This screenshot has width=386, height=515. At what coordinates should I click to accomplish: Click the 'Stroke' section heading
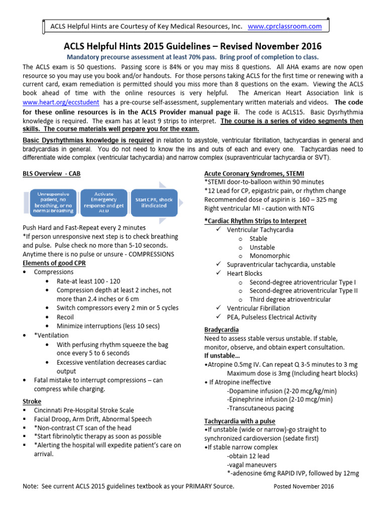coord(32,401)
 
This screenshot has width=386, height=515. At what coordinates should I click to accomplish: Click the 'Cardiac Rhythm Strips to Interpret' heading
coord(255,221)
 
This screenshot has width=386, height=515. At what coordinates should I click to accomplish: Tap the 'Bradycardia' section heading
coord(221,329)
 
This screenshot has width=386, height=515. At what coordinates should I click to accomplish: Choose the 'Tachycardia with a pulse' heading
coord(240,421)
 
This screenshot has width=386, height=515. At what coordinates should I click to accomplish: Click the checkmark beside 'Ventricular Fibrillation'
coord(218,308)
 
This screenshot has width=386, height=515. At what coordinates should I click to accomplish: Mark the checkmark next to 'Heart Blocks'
coord(218,274)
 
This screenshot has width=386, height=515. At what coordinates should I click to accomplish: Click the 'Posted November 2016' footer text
coord(304,487)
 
